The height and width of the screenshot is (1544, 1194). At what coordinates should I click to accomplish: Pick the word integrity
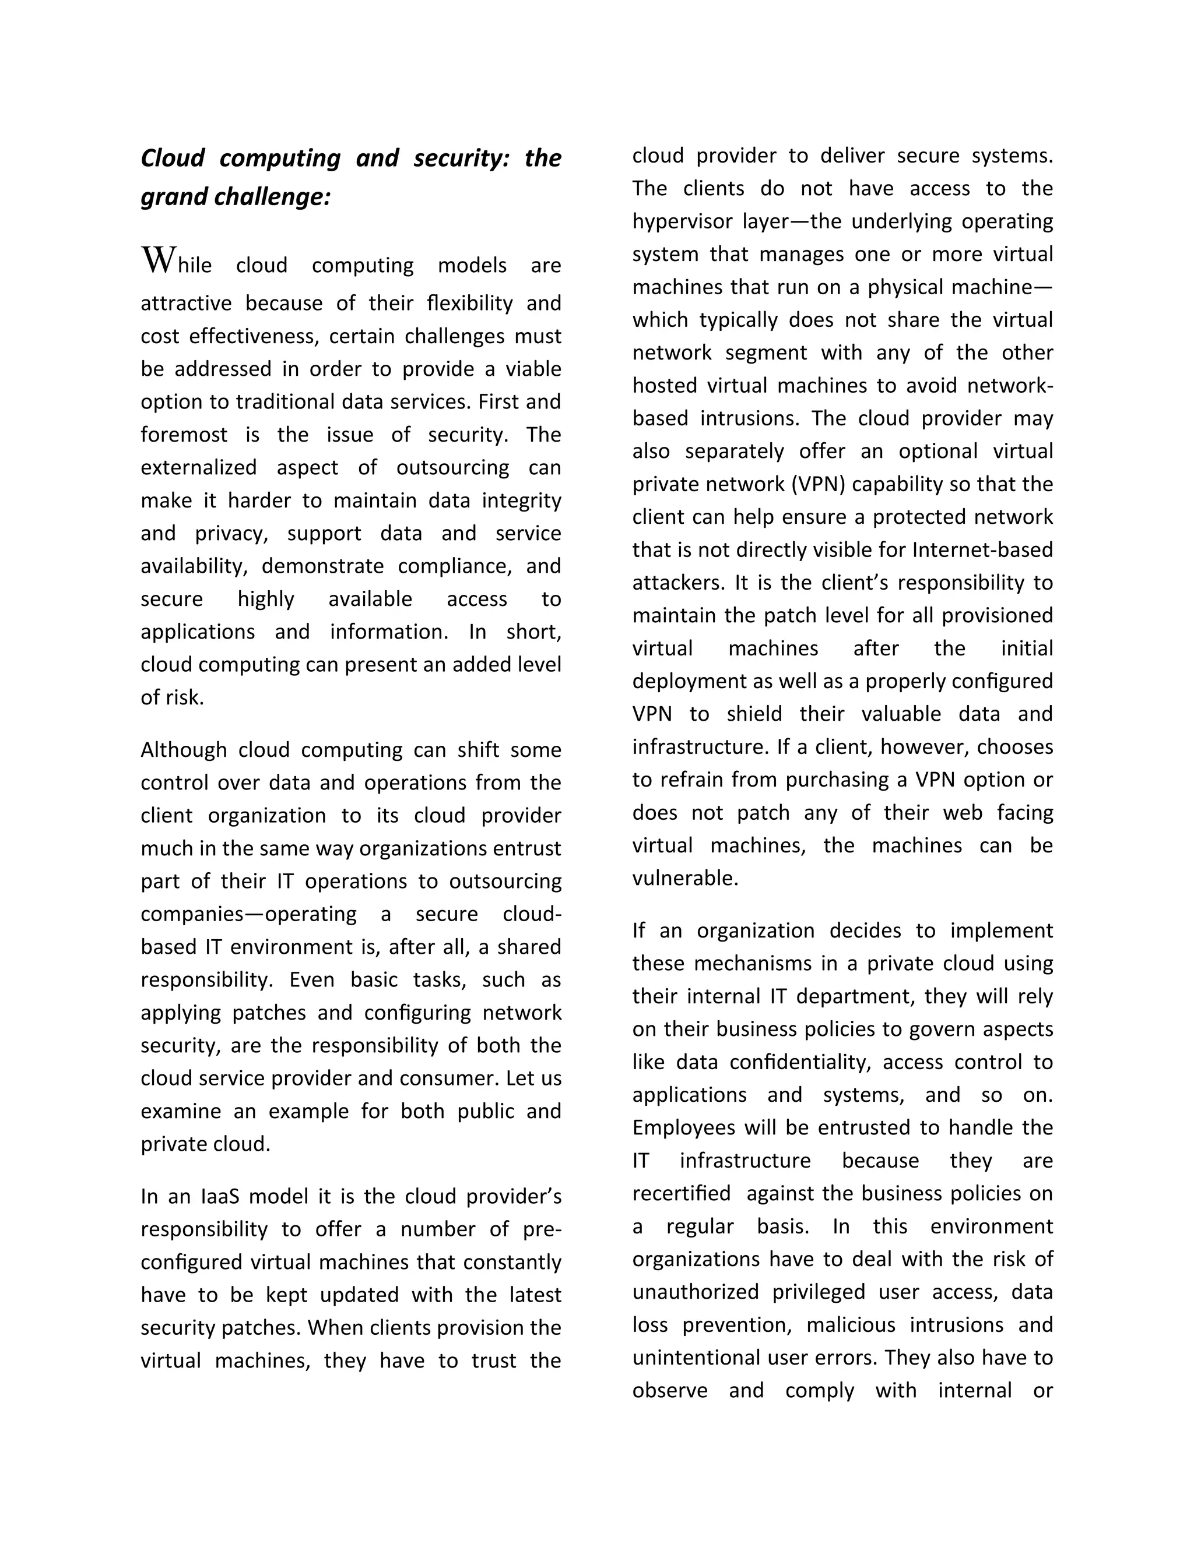521,500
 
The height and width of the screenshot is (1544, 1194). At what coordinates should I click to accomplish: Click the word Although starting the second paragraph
182,749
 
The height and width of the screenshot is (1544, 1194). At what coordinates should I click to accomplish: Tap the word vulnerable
684,878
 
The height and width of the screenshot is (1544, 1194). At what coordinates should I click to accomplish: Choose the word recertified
681,1193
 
